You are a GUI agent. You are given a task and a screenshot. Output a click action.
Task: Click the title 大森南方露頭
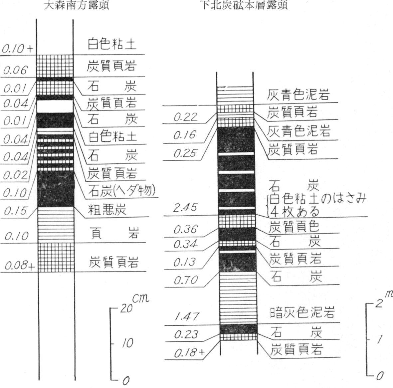click(77, 5)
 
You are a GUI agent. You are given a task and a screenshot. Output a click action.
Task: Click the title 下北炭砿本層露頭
click(244, 5)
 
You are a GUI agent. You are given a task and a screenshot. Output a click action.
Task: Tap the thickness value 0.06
click(15, 70)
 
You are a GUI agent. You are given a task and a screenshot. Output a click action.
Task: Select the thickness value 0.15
click(16, 211)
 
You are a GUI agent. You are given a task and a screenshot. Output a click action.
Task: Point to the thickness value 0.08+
click(20, 265)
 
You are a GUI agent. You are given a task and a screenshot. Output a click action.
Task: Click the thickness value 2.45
click(185, 208)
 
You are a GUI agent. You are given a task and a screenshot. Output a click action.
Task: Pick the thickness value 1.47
click(187, 316)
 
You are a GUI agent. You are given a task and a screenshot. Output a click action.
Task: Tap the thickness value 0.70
click(186, 280)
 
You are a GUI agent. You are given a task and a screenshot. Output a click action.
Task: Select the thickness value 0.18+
click(190, 353)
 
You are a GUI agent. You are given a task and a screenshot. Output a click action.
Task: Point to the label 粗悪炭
click(107, 210)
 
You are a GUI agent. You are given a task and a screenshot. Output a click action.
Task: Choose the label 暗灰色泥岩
click(302, 312)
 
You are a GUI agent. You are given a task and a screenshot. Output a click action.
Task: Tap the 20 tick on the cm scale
click(126, 308)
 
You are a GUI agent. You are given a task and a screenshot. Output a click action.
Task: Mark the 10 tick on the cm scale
click(127, 343)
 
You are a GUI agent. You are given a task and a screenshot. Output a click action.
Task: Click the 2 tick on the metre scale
click(379, 303)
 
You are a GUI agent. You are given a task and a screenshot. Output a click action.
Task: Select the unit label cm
click(141, 298)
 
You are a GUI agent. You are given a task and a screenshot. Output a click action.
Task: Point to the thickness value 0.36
click(186, 229)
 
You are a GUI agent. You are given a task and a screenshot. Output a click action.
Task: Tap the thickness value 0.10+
click(18, 49)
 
